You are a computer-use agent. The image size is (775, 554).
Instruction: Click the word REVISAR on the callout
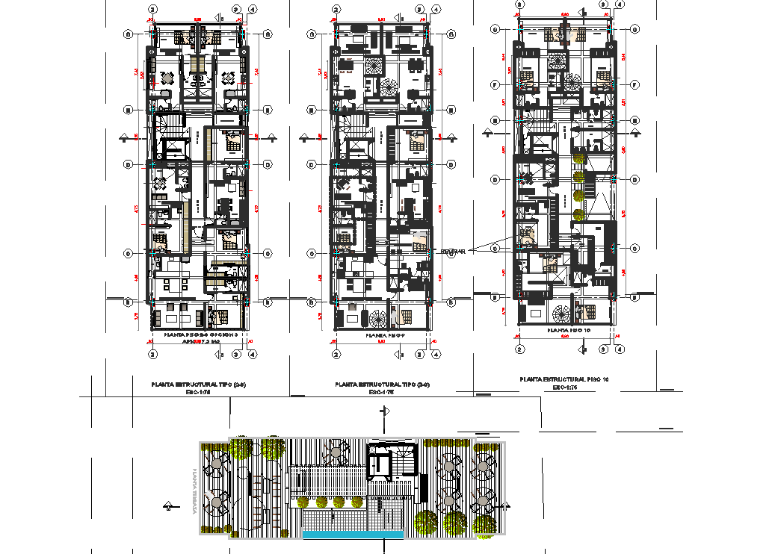pos(453,252)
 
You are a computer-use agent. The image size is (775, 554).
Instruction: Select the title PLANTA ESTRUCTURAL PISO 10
pos(564,380)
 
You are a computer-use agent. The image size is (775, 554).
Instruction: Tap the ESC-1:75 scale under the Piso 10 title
pos(564,388)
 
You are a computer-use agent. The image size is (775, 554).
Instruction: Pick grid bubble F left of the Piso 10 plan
pos(495,84)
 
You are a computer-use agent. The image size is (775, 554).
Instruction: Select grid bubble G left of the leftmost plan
pos(129,34)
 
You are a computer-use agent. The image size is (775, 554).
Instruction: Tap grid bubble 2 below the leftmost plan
pos(152,355)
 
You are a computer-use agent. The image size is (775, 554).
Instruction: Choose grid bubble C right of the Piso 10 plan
pos(634,249)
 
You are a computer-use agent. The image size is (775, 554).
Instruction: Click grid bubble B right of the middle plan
pos(451,302)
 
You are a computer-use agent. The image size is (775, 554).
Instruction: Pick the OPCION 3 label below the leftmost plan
pos(221,334)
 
